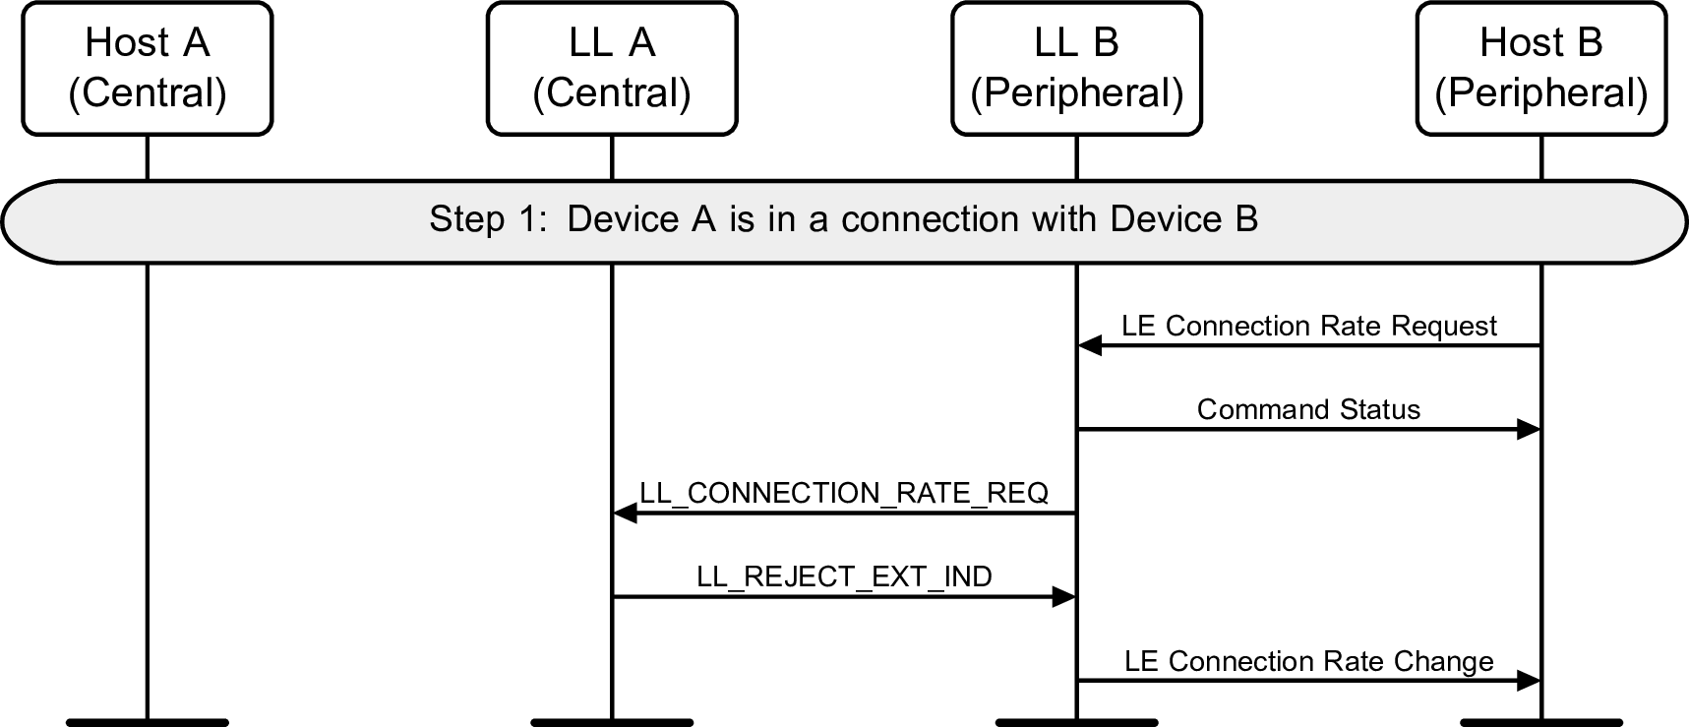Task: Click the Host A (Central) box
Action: click(x=148, y=68)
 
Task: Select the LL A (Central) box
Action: click(x=612, y=68)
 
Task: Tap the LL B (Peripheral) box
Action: click(x=1076, y=68)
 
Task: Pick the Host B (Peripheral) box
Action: click(x=1540, y=68)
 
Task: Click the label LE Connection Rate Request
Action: click(x=1308, y=326)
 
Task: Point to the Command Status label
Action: click(x=1308, y=409)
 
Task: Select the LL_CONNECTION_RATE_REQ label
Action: click(x=844, y=493)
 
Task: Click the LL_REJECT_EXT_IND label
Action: click(x=844, y=576)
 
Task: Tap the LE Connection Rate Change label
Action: click(x=1308, y=661)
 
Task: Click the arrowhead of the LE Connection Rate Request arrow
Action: click(x=1089, y=345)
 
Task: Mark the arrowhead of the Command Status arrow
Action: click(x=1529, y=429)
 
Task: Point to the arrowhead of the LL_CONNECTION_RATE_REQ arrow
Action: click(x=625, y=513)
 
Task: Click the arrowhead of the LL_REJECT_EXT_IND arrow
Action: click(x=1064, y=596)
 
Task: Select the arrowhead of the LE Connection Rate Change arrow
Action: click(x=1529, y=681)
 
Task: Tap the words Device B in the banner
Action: click(x=1183, y=218)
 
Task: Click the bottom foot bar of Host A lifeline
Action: click(x=148, y=722)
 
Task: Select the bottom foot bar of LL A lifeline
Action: click(x=612, y=722)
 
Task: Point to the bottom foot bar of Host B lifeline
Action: click(x=1540, y=722)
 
